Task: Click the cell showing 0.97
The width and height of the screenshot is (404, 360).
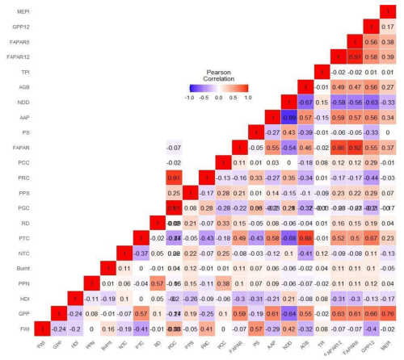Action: pos(353,57)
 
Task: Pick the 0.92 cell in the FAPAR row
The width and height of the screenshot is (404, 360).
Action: pos(353,149)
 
